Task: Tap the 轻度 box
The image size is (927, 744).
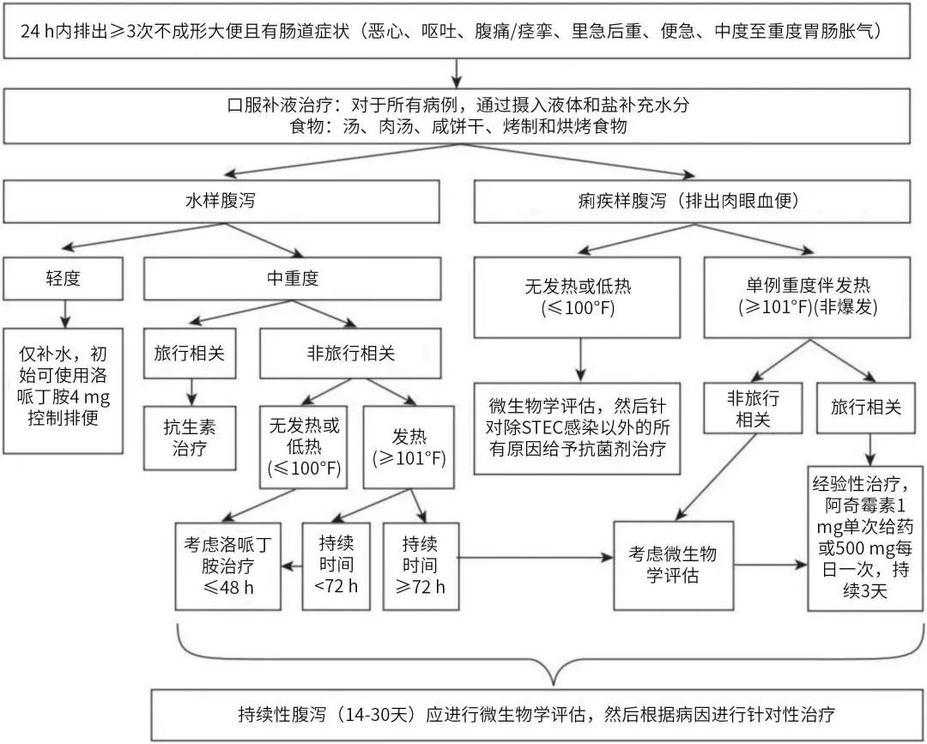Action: click(63, 279)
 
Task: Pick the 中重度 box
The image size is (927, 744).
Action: click(292, 279)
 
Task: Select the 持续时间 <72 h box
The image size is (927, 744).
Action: click(336, 566)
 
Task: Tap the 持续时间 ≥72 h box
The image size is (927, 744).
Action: click(420, 566)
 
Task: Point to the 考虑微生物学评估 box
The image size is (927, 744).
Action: click(673, 565)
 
